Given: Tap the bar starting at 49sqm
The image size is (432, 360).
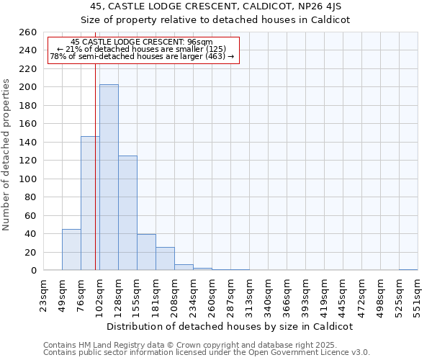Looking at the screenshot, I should point(71,249).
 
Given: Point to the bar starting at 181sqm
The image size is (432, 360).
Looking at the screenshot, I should point(165,258).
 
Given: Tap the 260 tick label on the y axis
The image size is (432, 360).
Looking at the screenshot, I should point(28,32).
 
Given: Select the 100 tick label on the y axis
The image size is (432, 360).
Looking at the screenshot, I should point(28,179).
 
